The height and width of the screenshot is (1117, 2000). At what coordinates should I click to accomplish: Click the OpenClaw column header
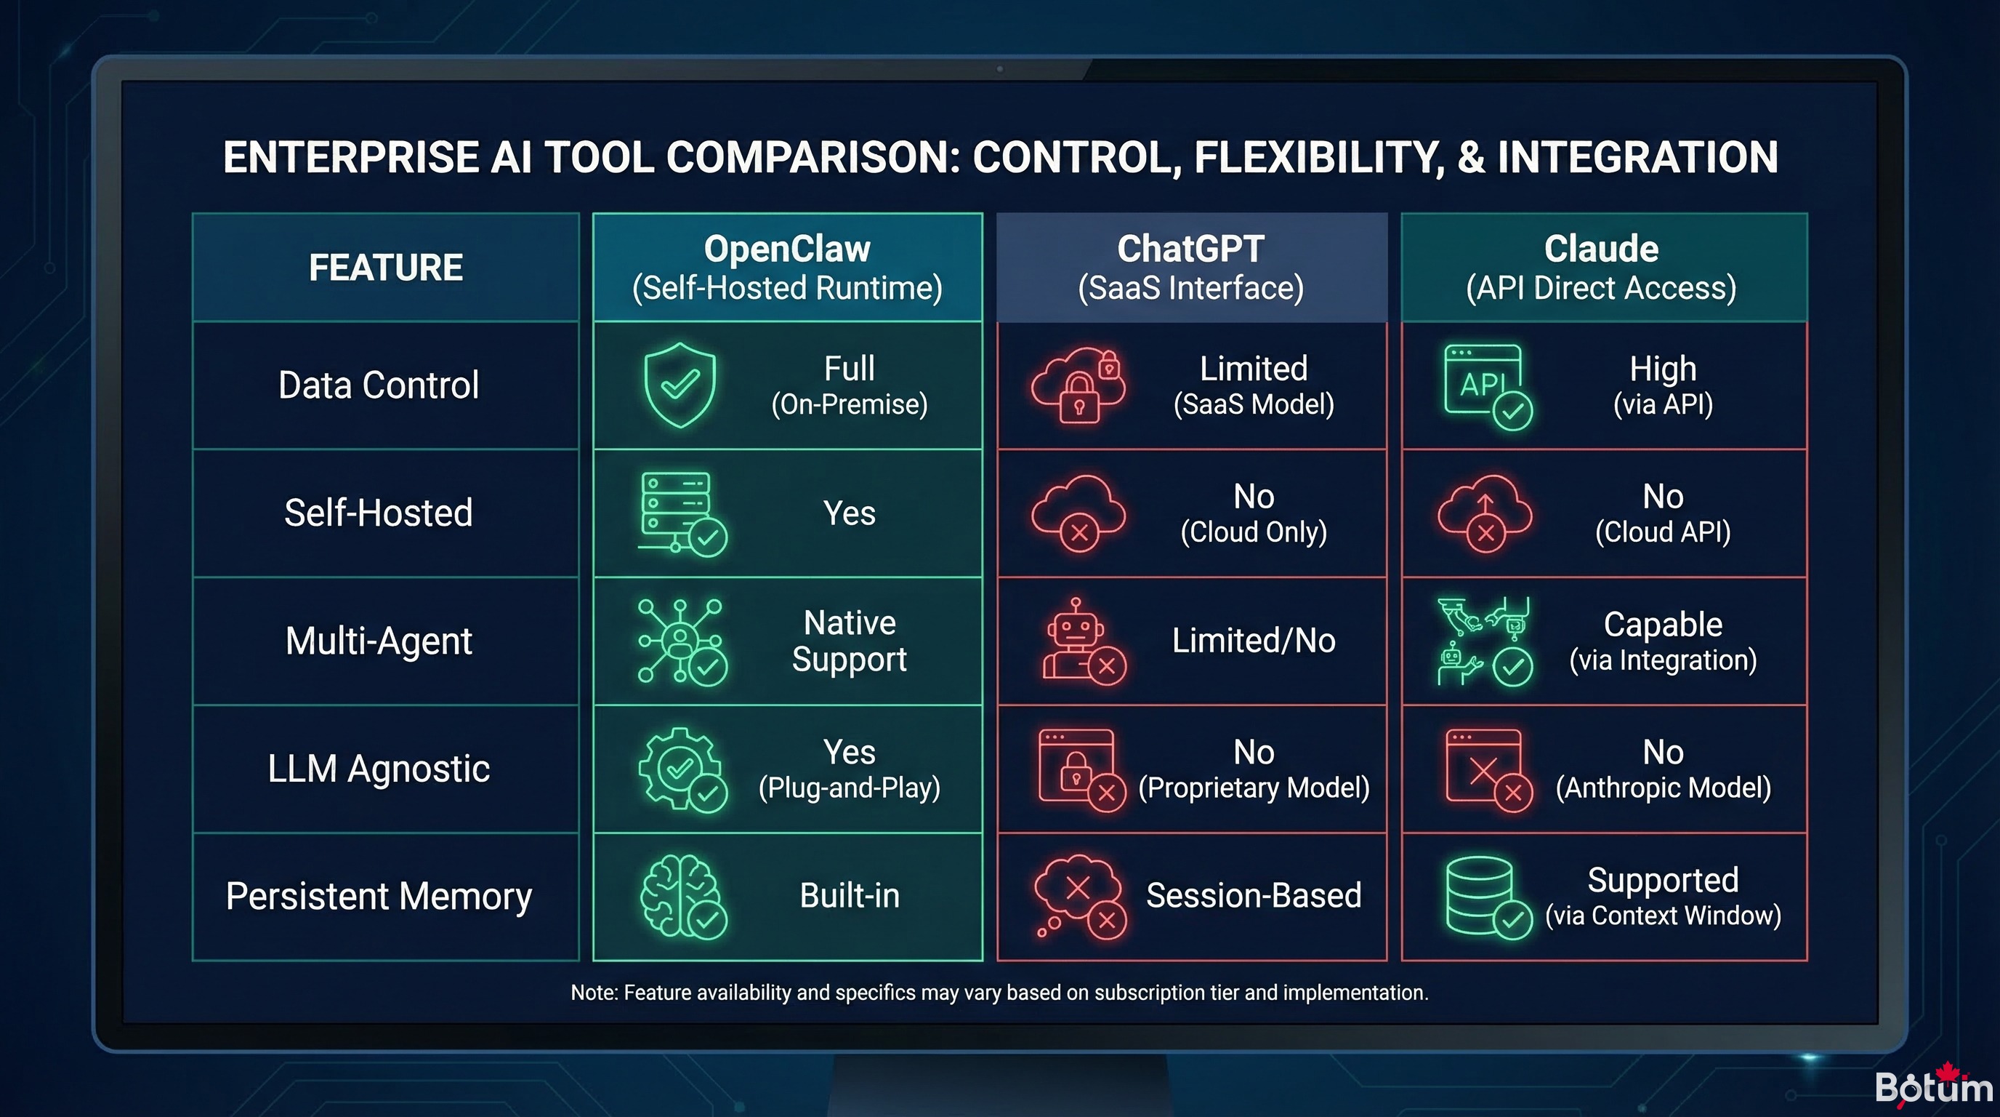pos(787,267)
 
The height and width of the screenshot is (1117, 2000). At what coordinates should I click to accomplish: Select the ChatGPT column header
pos(1191,267)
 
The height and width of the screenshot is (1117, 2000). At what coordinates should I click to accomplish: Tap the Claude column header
pos(1602,267)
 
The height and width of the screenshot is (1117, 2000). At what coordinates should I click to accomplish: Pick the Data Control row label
pos(379,385)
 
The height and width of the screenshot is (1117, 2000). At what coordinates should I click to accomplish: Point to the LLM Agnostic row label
pos(379,769)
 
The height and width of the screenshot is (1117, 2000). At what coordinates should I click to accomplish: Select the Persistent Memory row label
pos(379,897)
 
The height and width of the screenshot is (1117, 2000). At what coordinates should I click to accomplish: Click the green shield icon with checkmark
pos(680,385)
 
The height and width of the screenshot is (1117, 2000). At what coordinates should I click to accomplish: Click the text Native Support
pos(850,641)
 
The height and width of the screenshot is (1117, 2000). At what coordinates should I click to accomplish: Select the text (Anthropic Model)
pos(1663,788)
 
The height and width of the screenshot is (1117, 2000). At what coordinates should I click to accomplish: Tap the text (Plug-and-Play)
pos(850,788)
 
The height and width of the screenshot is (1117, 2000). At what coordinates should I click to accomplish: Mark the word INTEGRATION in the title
pos(1637,158)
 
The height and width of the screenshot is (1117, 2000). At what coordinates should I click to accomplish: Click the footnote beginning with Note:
pos(999,993)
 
